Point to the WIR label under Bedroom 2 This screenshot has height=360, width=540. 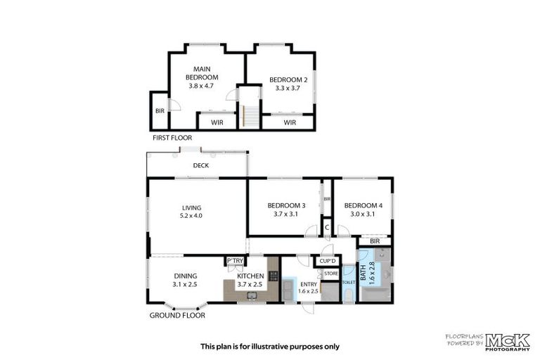pos(290,122)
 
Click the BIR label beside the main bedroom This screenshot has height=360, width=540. pos(159,111)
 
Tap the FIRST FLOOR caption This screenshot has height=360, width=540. pos(173,139)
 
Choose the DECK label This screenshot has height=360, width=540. pos(202,166)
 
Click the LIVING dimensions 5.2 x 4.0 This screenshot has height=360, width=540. pos(191,216)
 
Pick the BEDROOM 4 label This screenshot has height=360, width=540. pos(363,205)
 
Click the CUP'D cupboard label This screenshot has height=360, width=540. pos(328,262)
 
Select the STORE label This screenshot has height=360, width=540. pos(331,273)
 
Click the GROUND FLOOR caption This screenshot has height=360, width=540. pos(177,316)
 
